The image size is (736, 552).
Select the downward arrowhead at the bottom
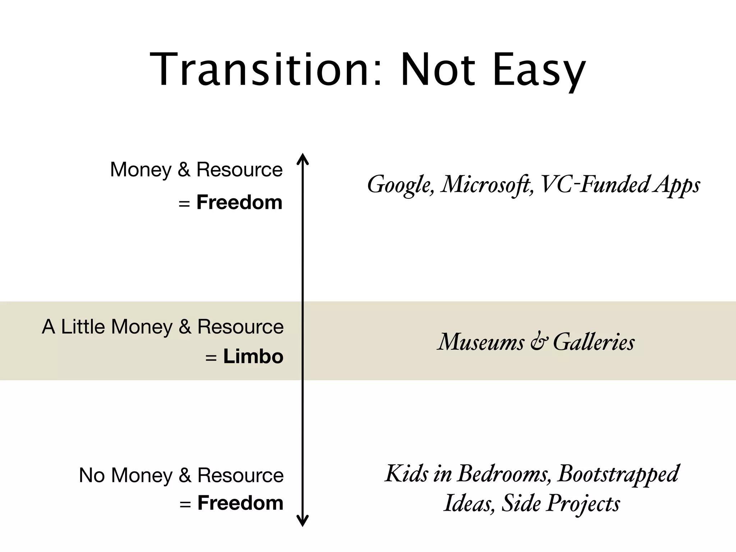303,521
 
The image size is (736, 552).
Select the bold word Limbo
253,356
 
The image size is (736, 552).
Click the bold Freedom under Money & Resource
239,202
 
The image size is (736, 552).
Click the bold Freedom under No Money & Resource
240,503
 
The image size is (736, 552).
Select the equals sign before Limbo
211,358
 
